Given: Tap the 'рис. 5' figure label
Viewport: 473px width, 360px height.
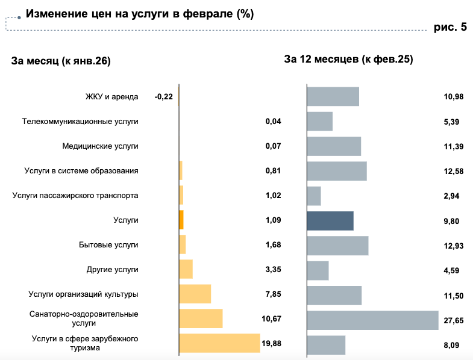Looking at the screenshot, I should click(450, 27).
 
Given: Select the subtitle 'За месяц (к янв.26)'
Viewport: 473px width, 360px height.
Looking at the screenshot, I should click(61, 60).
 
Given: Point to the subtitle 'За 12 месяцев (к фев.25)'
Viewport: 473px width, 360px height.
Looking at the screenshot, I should click(348, 59).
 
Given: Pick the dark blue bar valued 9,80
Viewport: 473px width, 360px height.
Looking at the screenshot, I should click(330, 220).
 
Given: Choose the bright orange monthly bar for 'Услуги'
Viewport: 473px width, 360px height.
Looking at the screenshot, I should click(181, 220).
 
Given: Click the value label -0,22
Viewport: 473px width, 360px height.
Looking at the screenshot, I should click(163, 97).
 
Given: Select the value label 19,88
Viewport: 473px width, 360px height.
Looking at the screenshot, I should click(272, 343).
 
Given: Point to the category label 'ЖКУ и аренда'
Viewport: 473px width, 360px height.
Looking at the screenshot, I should click(112, 97).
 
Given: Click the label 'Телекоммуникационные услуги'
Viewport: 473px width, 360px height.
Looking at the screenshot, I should click(80, 122).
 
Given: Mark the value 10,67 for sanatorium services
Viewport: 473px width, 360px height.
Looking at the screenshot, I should click(272, 318).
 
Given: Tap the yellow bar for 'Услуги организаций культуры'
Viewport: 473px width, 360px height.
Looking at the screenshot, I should click(195, 294).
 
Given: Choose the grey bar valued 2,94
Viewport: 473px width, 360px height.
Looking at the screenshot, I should click(314, 196).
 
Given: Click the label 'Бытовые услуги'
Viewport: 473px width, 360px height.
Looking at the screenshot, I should click(108, 245).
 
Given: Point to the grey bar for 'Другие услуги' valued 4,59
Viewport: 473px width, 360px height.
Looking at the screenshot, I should click(318, 270).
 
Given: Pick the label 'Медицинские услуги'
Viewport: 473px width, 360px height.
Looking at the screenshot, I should click(101, 146).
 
